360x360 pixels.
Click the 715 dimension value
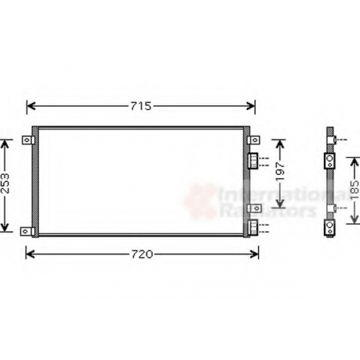[141, 106]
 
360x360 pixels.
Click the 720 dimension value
[142, 254]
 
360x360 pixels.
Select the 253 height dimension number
[5, 183]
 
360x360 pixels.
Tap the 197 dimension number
[280, 171]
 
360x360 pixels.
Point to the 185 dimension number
[355, 190]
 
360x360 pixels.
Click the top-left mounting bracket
[28, 140]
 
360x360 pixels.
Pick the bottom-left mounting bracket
[27, 232]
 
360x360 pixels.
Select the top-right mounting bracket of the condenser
[253, 140]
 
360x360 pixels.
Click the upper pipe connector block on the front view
[253, 161]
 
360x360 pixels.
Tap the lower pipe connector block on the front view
[253, 228]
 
